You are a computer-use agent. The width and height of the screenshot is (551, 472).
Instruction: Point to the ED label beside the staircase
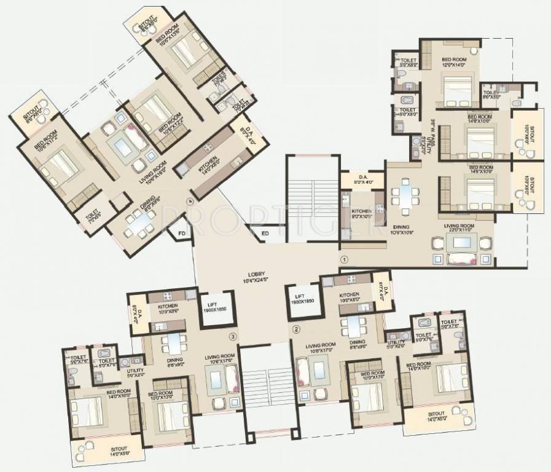[265, 234]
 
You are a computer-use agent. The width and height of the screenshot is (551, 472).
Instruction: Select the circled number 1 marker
[345, 260]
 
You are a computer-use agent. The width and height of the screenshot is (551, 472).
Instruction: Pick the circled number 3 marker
[232, 336]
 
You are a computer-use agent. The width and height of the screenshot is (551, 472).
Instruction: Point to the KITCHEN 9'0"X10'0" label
[361, 213]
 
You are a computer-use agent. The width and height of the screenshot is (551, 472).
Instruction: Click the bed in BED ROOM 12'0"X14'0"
[457, 90]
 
